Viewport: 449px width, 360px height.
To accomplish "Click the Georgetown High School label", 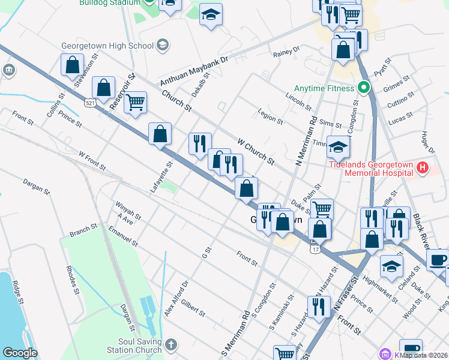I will click(107, 45).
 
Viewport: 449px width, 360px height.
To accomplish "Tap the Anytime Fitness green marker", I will click(363, 88).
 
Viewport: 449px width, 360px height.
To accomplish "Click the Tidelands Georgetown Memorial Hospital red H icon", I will click(423, 168).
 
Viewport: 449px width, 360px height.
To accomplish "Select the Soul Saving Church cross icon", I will click(171, 344).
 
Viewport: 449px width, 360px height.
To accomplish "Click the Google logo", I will click(20, 353).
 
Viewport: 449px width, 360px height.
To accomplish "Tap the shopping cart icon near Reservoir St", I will click(136, 102).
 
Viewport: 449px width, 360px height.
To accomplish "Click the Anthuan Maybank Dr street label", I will click(194, 71).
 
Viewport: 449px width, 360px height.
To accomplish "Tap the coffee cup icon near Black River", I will click(438, 259).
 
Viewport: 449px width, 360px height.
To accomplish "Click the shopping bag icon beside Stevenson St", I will click(72, 66).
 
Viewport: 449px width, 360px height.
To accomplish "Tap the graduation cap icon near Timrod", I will click(338, 146).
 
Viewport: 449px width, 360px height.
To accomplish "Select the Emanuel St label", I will click(123, 236).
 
